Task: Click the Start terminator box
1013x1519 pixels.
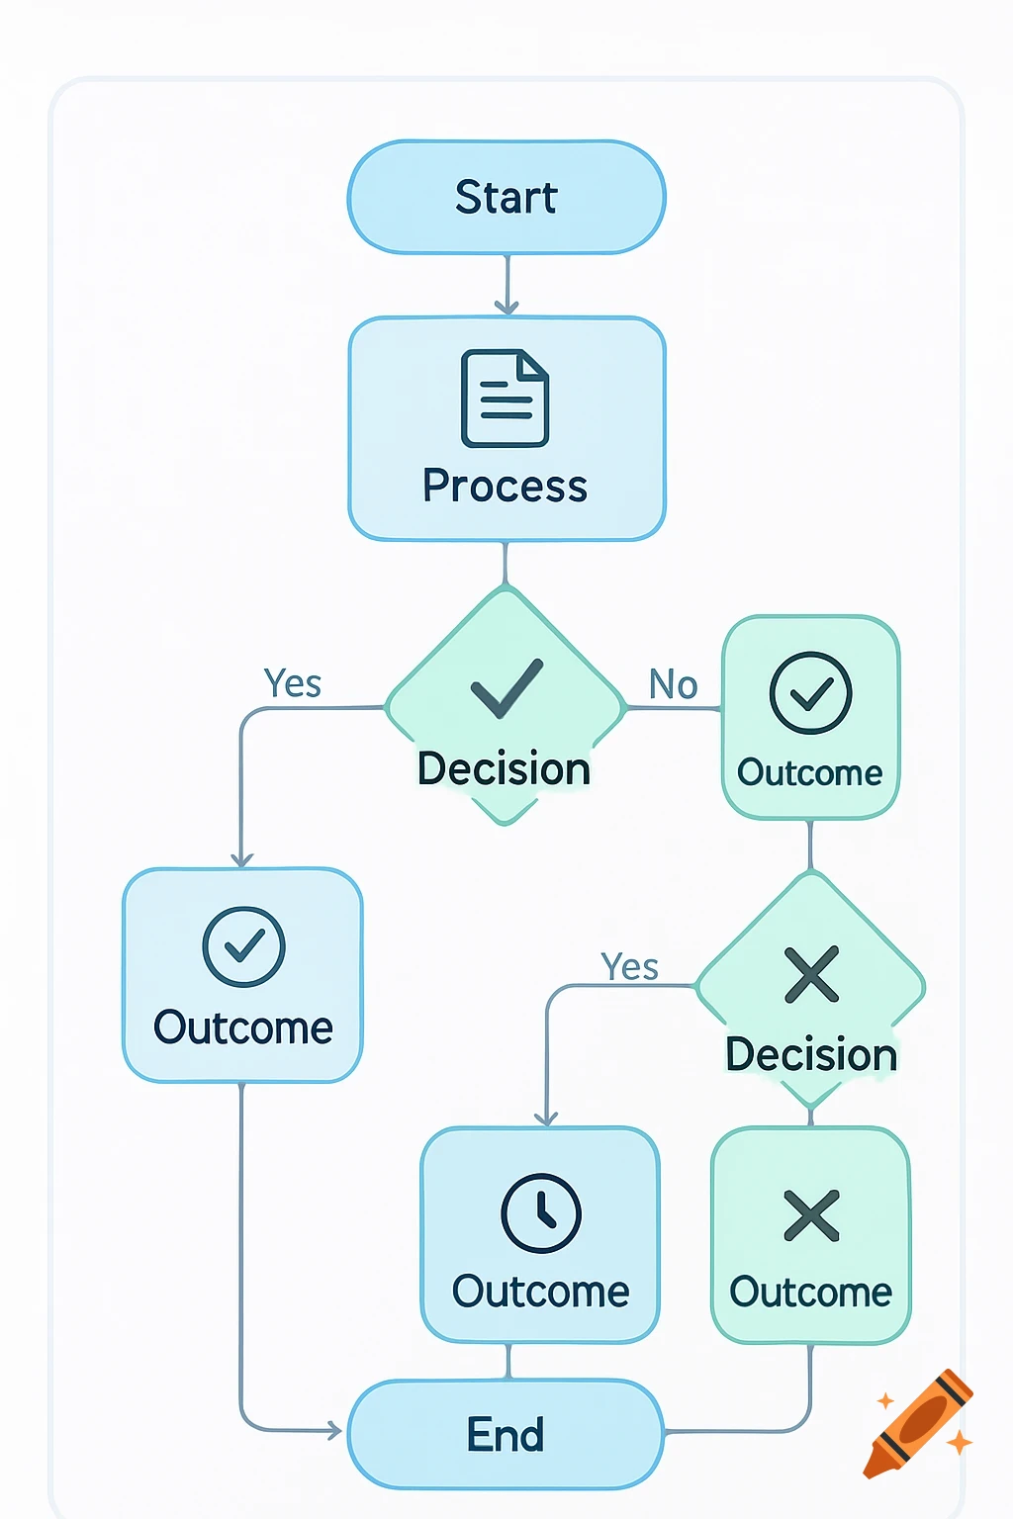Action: (x=506, y=197)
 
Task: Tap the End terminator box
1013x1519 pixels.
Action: (x=506, y=1434)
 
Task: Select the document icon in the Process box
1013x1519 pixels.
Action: (x=506, y=399)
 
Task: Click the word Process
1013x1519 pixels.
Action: (x=506, y=487)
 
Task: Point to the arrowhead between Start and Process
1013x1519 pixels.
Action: (x=506, y=307)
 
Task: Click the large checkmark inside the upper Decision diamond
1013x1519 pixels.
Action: (x=506, y=687)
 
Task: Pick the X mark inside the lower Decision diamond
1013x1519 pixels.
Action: (x=811, y=975)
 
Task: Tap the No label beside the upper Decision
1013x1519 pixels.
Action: (x=674, y=684)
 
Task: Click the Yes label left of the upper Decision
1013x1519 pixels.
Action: (x=293, y=683)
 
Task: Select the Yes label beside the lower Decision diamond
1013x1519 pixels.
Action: (x=630, y=967)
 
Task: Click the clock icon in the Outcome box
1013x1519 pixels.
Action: (x=541, y=1212)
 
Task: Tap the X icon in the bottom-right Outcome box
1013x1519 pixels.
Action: (x=811, y=1215)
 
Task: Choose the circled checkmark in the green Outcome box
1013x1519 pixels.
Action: (x=811, y=692)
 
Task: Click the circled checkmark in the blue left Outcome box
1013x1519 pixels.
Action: (x=243, y=946)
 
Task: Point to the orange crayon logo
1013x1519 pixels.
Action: (x=919, y=1423)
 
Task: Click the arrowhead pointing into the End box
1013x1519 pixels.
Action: (x=334, y=1430)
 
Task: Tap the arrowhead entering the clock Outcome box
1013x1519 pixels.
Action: (x=547, y=1118)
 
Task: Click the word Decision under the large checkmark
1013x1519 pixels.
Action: (x=505, y=769)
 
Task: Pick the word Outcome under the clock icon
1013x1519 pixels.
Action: (x=541, y=1292)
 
